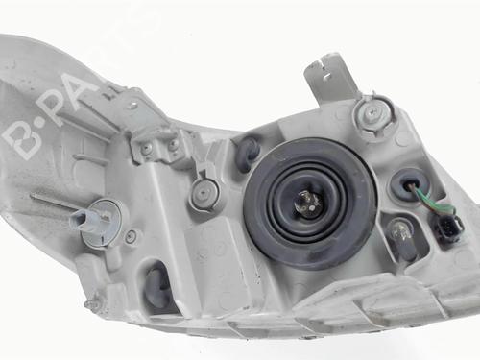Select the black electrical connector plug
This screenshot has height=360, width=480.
click(446, 227)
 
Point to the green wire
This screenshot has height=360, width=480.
click(432, 200)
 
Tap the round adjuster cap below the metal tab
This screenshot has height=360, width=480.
click(373, 113)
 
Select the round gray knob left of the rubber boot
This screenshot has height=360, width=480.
click(204, 193)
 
